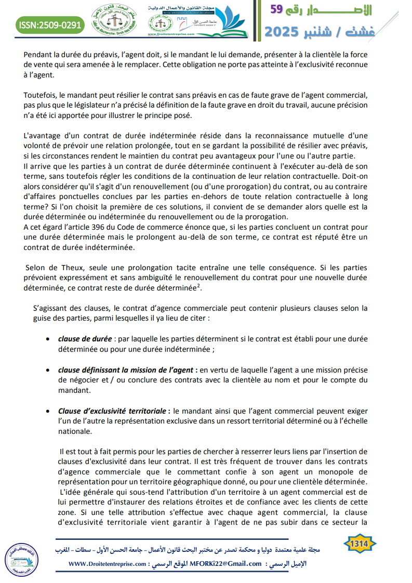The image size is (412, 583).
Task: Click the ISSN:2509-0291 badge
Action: tap(49, 25)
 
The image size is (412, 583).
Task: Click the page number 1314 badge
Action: tap(360, 543)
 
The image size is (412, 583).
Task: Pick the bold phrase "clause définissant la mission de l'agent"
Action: tap(125, 370)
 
